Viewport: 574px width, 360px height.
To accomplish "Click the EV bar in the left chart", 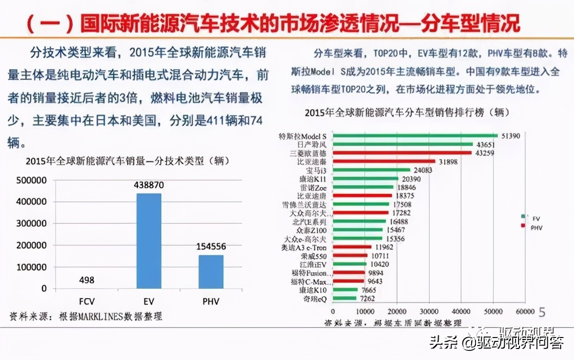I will [x=149, y=241].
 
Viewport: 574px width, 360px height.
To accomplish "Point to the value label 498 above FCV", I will [x=87, y=280].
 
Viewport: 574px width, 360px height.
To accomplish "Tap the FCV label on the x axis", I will [x=87, y=301].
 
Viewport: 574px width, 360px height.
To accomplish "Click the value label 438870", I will [x=149, y=184].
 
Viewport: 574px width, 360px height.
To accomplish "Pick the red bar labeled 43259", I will [x=402, y=153].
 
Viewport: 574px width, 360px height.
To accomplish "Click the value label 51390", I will [x=511, y=136].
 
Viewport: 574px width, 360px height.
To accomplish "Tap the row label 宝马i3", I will [x=316, y=170].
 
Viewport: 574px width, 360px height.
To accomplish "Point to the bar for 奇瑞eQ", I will [x=344, y=299].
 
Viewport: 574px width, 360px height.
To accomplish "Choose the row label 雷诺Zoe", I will [x=314, y=188].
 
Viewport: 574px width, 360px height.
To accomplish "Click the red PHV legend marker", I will [x=524, y=225].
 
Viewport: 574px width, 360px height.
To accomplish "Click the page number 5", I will [x=542, y=312].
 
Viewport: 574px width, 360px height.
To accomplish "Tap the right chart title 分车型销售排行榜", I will [x=407, y=113].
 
